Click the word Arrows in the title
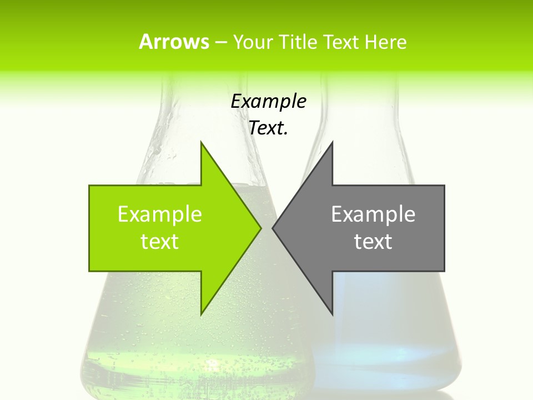[174, 42]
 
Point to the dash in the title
[220, 43]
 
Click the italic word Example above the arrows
[268, 102]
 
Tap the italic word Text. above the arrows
[268, 128]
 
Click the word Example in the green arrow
[160, 214]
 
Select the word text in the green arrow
[160, 242]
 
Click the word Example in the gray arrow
[373, 214]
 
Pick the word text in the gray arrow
[373, 242]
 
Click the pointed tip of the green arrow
[260, 228]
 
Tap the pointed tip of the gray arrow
[273, 228]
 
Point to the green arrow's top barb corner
[201, 142]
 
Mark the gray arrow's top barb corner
[333, 142]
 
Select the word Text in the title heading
[341, 42]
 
